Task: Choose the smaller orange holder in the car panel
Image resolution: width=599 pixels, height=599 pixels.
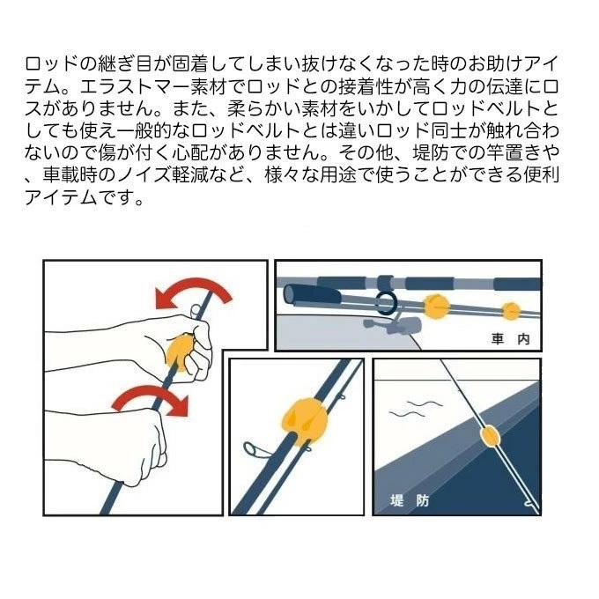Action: coord(510,311)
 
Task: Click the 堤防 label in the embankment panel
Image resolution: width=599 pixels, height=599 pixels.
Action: coord(410,500)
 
